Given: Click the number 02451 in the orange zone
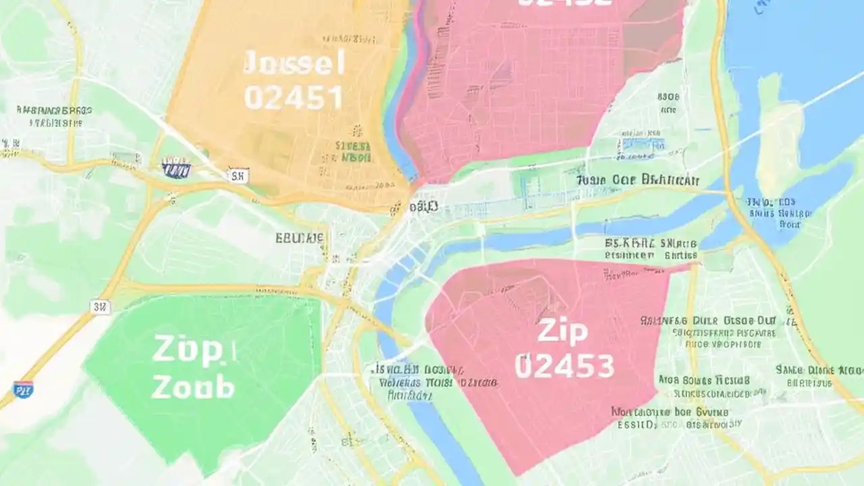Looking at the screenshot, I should pyautogui.click(x=293, y=97).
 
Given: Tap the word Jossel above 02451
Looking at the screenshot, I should pyautogui.click(x=294, y=64).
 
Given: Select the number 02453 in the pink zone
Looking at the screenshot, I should pyautogui.click(x=564, y=365).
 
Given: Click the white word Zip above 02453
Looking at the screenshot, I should pyautogui.click(x=562, y=331).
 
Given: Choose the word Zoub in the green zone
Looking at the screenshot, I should pyautogui.click(x=193, y=387).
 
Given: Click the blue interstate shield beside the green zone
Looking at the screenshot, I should pyautogui.click(x=23, y=389).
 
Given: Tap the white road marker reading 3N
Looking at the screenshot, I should pyautogui.click(x=101, y=307).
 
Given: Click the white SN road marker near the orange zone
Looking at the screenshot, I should pyautogui.click(x=238, y=176).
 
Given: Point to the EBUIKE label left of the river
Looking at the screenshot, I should pyautogui.click(x=300, y=238).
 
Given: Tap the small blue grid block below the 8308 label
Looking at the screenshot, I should pyautogui.click(x=643, y=144).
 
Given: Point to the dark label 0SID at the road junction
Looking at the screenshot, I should pyautogui.click(x=423, y=206).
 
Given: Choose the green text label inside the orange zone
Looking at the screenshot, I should pyautogui.click(x=352, y=152).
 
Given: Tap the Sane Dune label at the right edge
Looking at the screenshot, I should pyautogui.click(x=819, y=370).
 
